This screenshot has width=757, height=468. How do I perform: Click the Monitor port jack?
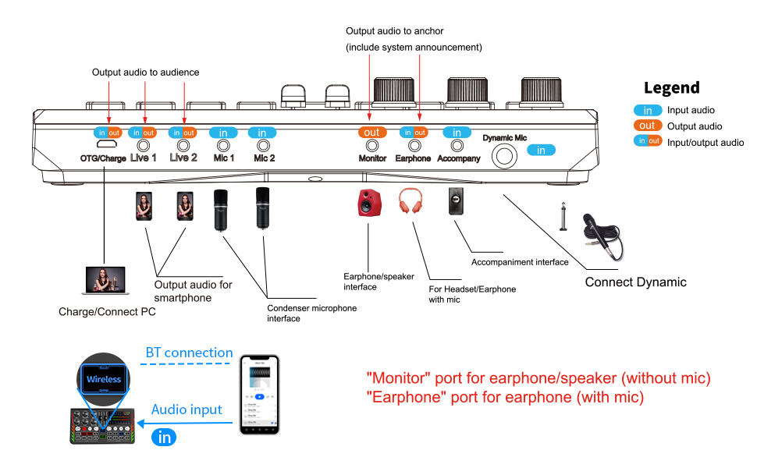pyautogui.click(x=372, y=145)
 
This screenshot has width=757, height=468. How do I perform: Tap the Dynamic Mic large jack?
pyautogui.click(x=503, y=156)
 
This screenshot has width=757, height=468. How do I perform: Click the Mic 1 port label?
pyautogui.click(x=223, y=158)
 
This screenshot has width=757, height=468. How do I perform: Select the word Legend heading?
pyautogui.click(x=671, y=88)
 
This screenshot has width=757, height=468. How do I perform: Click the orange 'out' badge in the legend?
pyautogui.click(x=647, y=126)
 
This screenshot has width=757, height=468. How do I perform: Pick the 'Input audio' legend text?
pyautogui.click(x=691, y=111)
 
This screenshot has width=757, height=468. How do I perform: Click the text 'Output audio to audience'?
pyautogui.click(x=145, y=73)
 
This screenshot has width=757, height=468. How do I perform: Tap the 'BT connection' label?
pyautogui.click(x=189, y=353)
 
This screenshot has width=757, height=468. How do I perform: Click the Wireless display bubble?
pyautogui.click(x=104, y=379)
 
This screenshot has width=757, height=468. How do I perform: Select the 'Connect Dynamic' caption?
pyautogui.click(x=635, y=282)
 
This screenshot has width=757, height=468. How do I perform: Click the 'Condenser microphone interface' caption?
pyautogui.click(x=311, y=313)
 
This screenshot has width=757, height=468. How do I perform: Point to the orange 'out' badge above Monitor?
pyautogui.click(x=372, y=133)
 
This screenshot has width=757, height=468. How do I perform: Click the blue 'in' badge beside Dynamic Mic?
pyautogui.click(x=542, y=150)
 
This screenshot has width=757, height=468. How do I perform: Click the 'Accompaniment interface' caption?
pyautogui.click(x=520, y=262)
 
